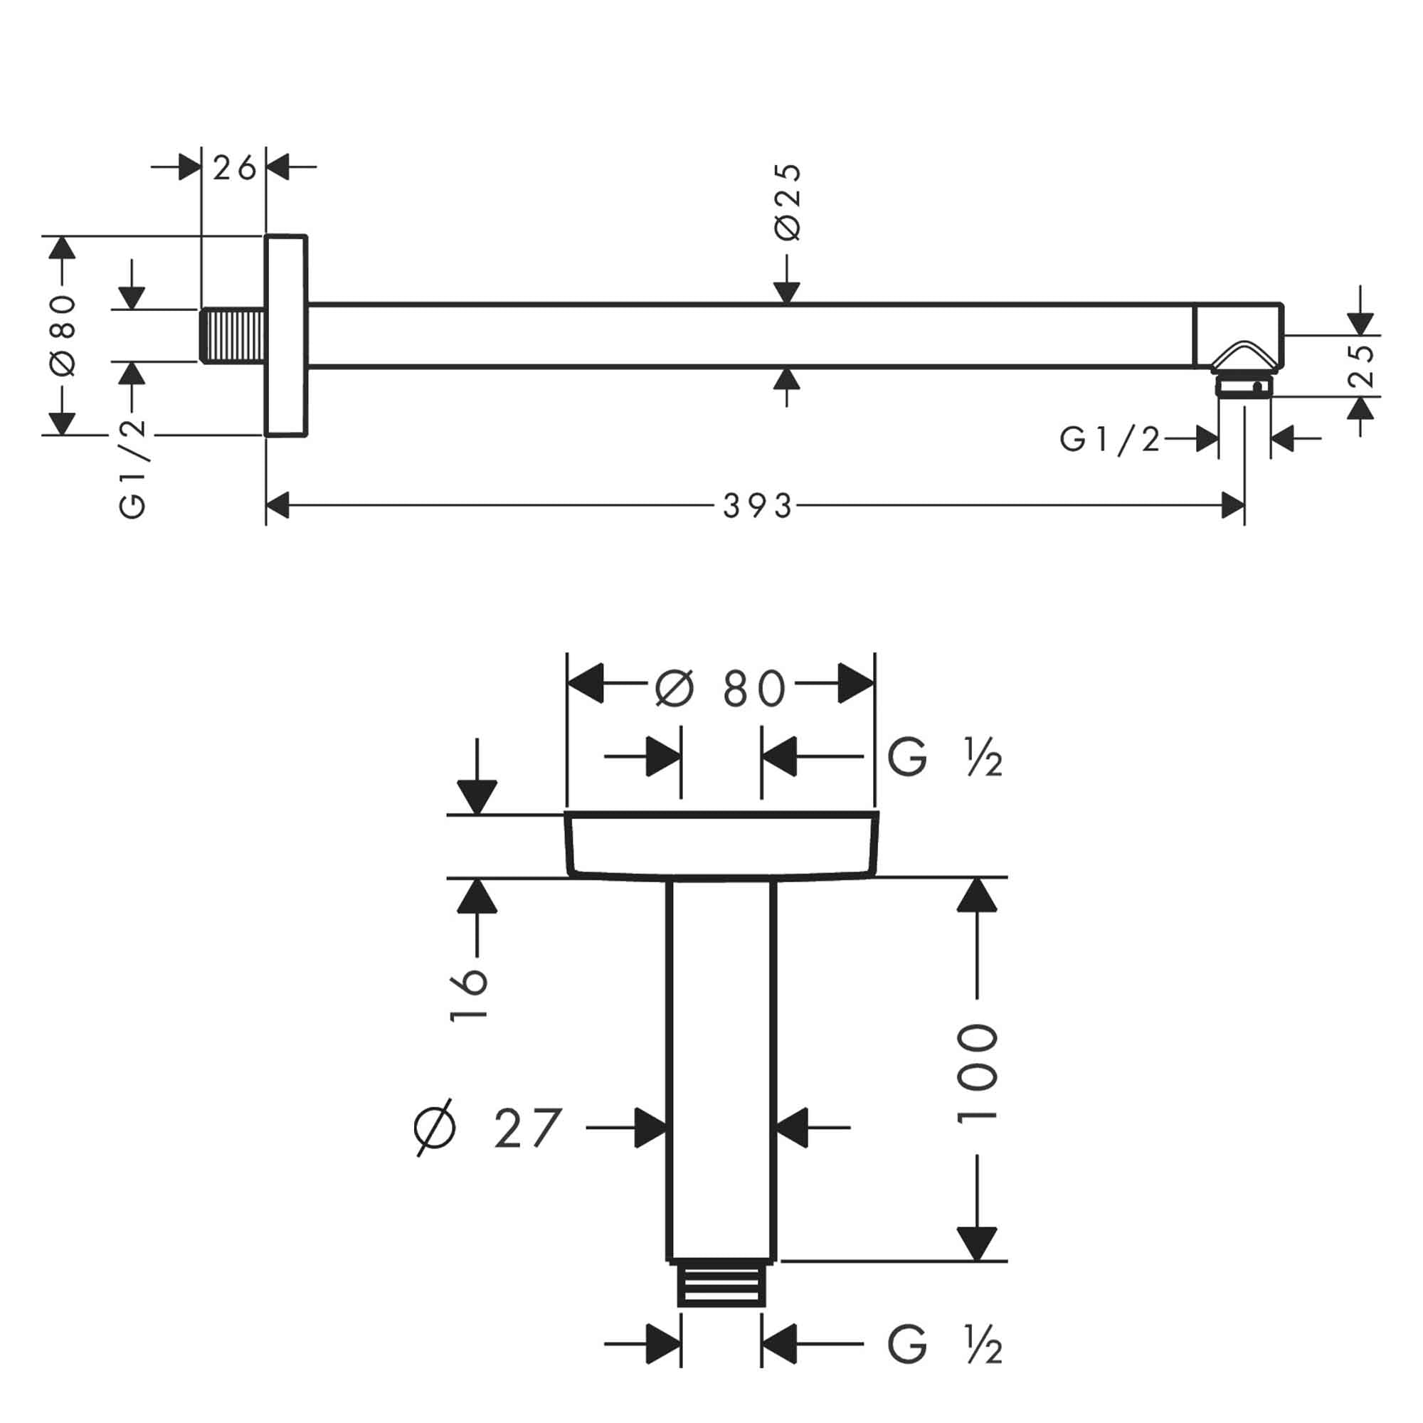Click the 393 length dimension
(756, 506)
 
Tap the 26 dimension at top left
(234, 168)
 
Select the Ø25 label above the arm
(788, 201)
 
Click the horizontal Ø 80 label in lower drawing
(720, 689)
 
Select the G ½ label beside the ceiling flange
(944, 757)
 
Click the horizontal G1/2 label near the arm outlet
(1109, 440)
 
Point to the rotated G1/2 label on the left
(132, 469)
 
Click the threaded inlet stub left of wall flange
(233, 336)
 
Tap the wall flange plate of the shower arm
(286, 336)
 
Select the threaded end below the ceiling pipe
(721, 1285)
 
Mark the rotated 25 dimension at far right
(1362, 365)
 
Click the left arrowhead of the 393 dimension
(277, 506)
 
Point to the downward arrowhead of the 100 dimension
(978, 1244)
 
